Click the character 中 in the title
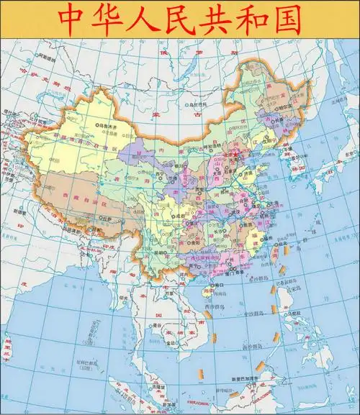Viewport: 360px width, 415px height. click(72, 19)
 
